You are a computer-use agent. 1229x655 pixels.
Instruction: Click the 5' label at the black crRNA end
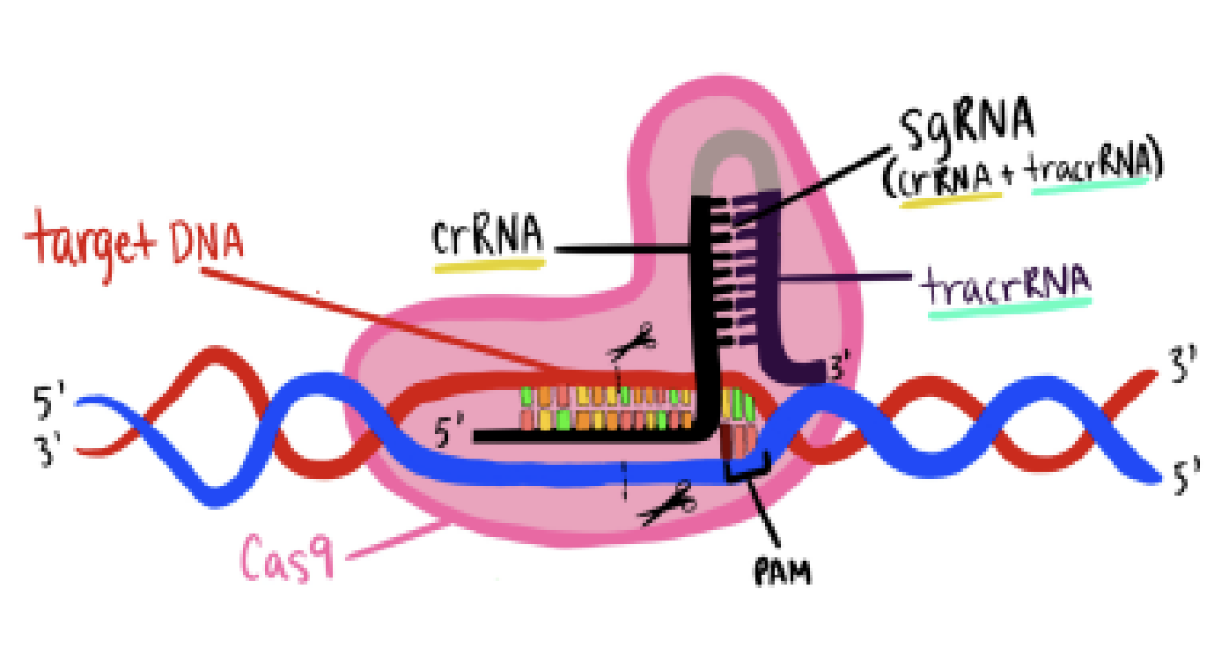point(450,435)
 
